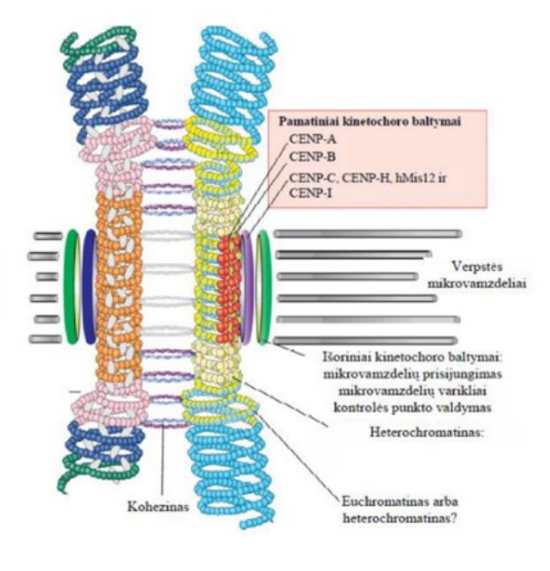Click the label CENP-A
(x=314, y=139)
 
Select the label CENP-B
(x=314, y=156)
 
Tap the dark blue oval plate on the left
(x=89, y=286)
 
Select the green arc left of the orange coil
(x=72, y=286)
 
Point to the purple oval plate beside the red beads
(x=248, y=286)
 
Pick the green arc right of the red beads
(x=264, y=286)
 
